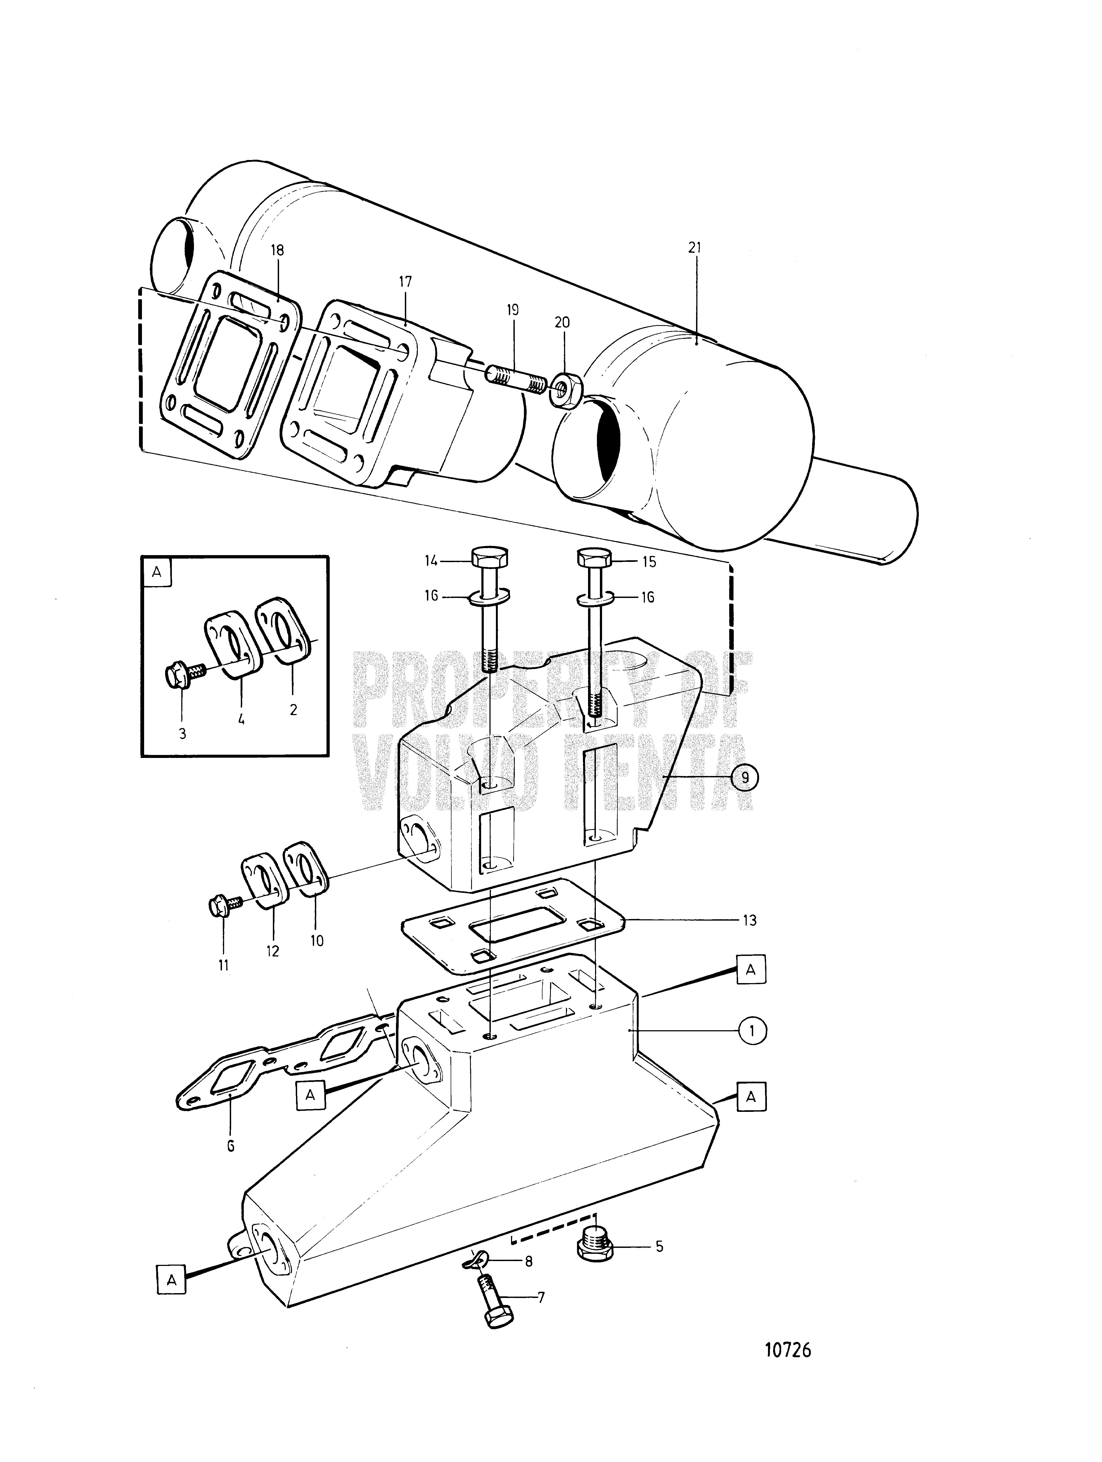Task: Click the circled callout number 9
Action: (745, 778)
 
